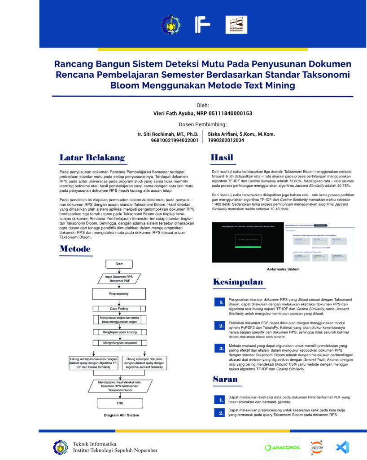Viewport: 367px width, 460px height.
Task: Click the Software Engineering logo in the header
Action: tap(236, 25)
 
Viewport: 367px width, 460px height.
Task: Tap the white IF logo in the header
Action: tap(202, 25)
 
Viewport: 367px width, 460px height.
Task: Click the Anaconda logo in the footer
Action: tap(282, 447)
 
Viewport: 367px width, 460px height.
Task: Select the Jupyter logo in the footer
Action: tap(316, 447)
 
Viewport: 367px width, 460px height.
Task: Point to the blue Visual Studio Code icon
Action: tap(343, 447)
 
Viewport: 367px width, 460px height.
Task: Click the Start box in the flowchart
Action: tap(119, 264)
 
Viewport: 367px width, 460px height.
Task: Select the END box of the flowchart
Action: tap(120, 403)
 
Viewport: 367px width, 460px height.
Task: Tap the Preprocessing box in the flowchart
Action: tap(119, 294)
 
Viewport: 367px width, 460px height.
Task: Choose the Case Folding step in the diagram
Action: tap(119, 309)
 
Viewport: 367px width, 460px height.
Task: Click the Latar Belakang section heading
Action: tap(92, 158)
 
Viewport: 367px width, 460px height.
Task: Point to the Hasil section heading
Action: tap(222, 158)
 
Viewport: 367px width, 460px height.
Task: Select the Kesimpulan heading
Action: tap(238, 282)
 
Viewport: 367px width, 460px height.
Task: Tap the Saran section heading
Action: tap(225, 380)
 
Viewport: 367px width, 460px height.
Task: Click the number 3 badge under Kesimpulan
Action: tap(221, 348)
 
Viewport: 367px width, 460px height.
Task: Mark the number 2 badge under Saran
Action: tap(221, 412)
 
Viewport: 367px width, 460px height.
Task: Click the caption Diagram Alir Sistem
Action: tap(122, 415)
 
